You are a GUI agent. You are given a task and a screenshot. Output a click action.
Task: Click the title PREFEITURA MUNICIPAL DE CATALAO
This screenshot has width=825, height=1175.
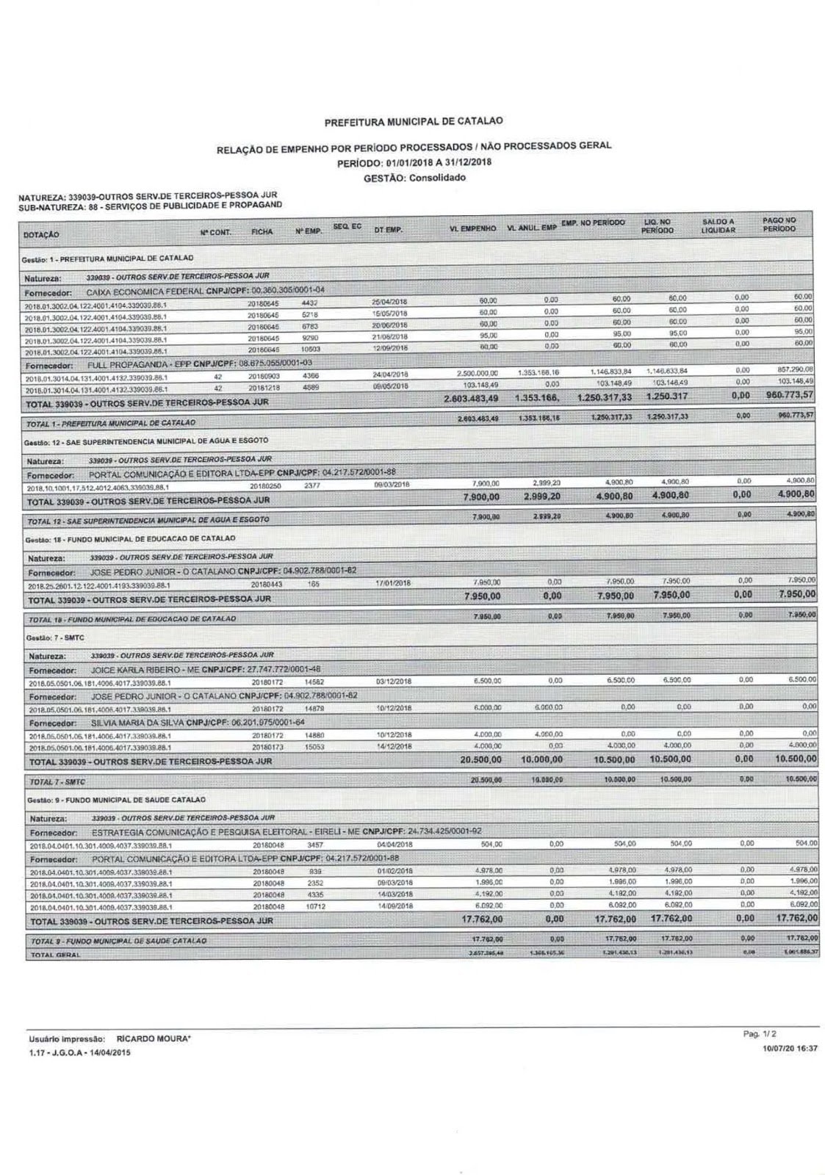[x=414, y=120]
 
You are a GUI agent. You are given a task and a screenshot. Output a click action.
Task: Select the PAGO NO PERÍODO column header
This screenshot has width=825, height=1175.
[x=779, y=225]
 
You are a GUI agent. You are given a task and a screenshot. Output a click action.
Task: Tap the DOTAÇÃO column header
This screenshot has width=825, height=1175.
[x=36, y=235]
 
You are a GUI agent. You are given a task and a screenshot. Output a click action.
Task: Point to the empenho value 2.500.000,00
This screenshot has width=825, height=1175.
[x=478, y=372]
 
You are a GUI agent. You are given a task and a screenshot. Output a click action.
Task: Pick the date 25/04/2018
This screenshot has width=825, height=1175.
[x=389, y=301]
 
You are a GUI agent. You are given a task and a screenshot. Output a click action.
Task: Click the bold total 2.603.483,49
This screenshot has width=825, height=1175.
[x=472, y=399]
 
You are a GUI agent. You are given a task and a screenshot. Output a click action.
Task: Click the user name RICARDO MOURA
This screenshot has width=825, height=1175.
[x=154, y=1039]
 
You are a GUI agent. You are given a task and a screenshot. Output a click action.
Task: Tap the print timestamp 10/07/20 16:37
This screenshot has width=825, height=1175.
[x=790, y=1049]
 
